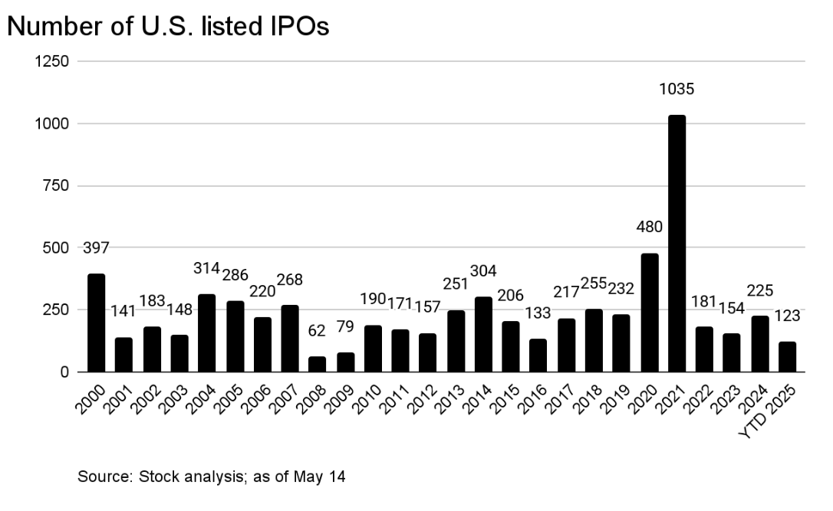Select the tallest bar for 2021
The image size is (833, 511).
tap(677, 244)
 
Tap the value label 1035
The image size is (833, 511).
tap(677, 90)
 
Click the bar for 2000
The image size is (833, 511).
tap(97, 323)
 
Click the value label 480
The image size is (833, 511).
tap(649, 228)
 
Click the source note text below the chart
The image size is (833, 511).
tap(212, 477)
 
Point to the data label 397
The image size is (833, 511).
tap(97, 248)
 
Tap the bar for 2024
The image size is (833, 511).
tap(759, 344)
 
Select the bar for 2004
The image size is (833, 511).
tap(207, 333)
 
